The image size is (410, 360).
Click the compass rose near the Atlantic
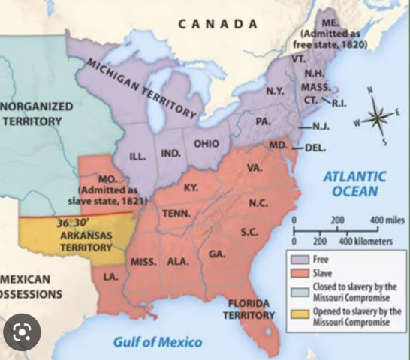tap(379, 116)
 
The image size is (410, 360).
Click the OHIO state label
tap(206, 143)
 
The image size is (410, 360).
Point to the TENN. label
tap(176, 213)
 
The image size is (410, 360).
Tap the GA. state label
tap(217, 254)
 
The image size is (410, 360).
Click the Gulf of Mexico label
tap(157, 342)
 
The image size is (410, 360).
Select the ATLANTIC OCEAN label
tap(354, 184)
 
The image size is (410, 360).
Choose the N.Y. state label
tap(274, 91)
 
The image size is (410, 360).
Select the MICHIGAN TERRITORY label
tap(143, 88)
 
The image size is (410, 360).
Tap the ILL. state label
tap(137, 157)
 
